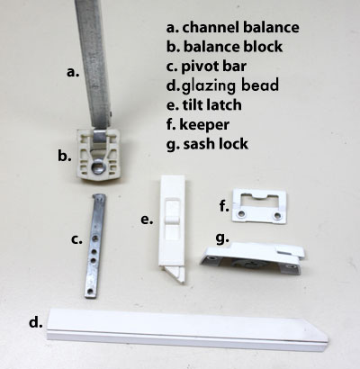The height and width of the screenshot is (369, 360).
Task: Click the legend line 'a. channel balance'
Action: (x=233, y=27)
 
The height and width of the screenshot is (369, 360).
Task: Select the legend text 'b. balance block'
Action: (x=224, y=47)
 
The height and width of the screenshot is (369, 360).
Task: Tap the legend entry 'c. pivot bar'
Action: (x=206, y=67)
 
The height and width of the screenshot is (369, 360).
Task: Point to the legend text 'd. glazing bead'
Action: (x=222, y=85)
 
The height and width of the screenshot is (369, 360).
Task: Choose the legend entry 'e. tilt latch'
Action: (x=204, y=105)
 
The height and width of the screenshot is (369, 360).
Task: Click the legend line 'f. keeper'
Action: (x=198, y=124)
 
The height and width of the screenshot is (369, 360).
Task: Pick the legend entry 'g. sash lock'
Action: (x=207, y=144)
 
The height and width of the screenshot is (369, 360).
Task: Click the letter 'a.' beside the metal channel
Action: (x=73, y=72)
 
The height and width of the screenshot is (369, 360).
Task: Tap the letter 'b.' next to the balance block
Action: (x=65, y=156)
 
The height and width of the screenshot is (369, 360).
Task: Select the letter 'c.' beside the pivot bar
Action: (x=76, y=239)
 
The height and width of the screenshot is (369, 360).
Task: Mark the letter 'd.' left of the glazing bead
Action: (x=36, y=322)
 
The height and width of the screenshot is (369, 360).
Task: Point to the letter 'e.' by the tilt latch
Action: (x=147, y=220)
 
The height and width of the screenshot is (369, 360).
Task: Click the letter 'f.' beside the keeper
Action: (x=224, y=206)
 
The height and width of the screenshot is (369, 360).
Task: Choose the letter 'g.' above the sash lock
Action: (x=222, y=238)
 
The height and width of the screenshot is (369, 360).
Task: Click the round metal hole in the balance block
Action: (x=98, y=167)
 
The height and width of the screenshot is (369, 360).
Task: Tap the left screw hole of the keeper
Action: (x=241, y=214)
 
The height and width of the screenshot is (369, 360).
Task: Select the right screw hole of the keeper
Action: (x=278, y=215)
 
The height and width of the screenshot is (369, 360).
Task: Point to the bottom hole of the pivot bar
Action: (x=90, y=291)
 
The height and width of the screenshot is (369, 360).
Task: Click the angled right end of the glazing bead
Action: (x=323, y=336)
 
